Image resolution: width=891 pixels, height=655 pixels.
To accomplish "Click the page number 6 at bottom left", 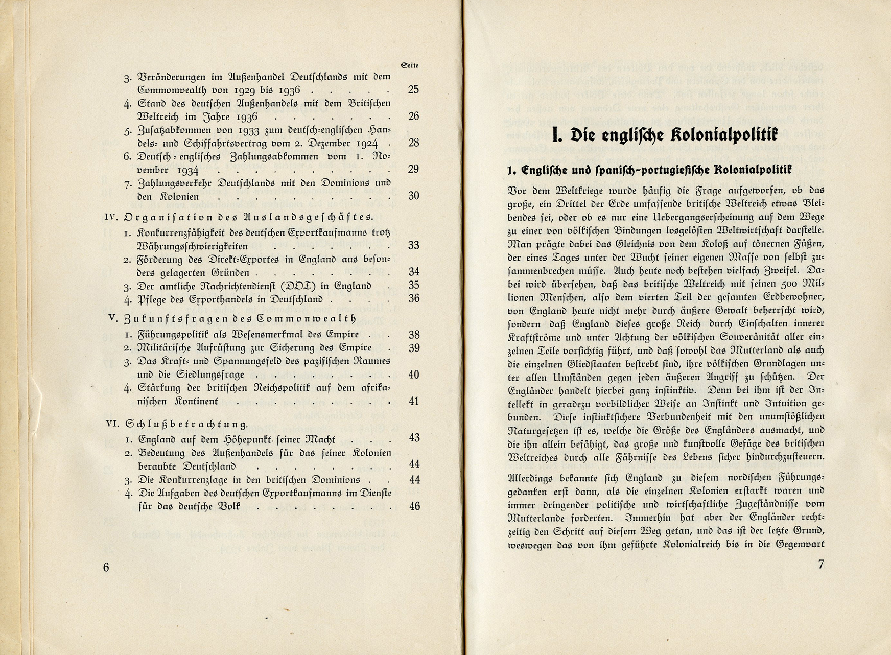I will click(106, 568).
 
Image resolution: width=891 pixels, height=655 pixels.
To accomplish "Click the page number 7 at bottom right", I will click(820, 565).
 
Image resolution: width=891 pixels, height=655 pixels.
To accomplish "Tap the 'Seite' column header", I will click(410, 65).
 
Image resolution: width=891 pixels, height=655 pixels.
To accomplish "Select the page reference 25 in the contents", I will click(413, 90).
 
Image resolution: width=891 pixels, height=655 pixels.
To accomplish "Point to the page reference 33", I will click(413, 246).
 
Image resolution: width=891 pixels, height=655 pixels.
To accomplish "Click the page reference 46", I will click(414, 506).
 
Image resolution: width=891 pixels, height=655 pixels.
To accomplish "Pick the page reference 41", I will click(414, 402).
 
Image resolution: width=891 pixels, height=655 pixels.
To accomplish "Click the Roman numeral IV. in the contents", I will click(111, 216).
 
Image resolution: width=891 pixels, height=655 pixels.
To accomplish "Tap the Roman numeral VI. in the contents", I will click(112, 424).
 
